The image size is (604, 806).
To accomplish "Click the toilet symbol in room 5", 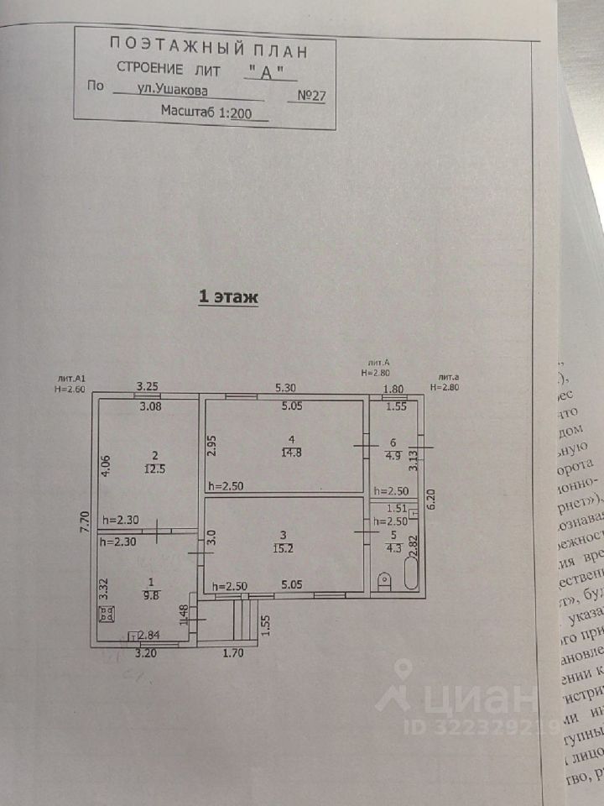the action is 384,579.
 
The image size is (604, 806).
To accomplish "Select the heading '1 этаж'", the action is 228,296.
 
